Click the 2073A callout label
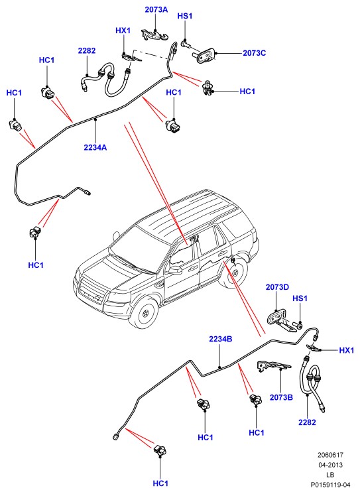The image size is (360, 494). click(156, 9)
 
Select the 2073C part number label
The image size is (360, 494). click(254, 53)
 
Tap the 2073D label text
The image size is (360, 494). click(277, 287)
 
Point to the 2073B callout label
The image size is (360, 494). click(281, 398)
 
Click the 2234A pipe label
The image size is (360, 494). click(95, 147)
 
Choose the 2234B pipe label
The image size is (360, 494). click(221, 340)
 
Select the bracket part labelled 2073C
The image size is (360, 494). click(204, 56)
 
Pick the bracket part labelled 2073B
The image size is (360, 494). click(274, 366)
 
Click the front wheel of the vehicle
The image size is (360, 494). click(145, 314)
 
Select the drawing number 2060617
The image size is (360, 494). click(330, 455)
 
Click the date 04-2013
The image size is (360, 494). click(330, 465)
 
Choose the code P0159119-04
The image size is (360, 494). click(330, 485)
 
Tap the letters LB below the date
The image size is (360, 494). click(330, 475)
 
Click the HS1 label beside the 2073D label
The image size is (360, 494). click(300, 298)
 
